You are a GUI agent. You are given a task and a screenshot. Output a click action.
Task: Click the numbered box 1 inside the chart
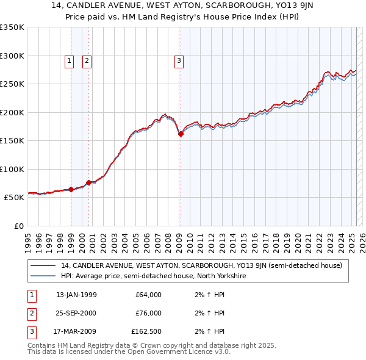69,60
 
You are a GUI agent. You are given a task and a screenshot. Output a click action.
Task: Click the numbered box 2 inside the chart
87,60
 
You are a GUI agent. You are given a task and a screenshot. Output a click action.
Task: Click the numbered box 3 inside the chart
179,60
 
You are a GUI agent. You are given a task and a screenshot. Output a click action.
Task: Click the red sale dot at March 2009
181,134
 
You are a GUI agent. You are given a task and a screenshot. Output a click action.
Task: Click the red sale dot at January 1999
71,190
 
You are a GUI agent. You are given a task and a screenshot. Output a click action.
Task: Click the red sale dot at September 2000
89,182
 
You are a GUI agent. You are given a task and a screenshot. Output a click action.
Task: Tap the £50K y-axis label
14,198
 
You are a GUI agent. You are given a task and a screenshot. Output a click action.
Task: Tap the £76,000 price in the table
148,313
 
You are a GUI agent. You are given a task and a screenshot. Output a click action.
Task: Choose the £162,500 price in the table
146,331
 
